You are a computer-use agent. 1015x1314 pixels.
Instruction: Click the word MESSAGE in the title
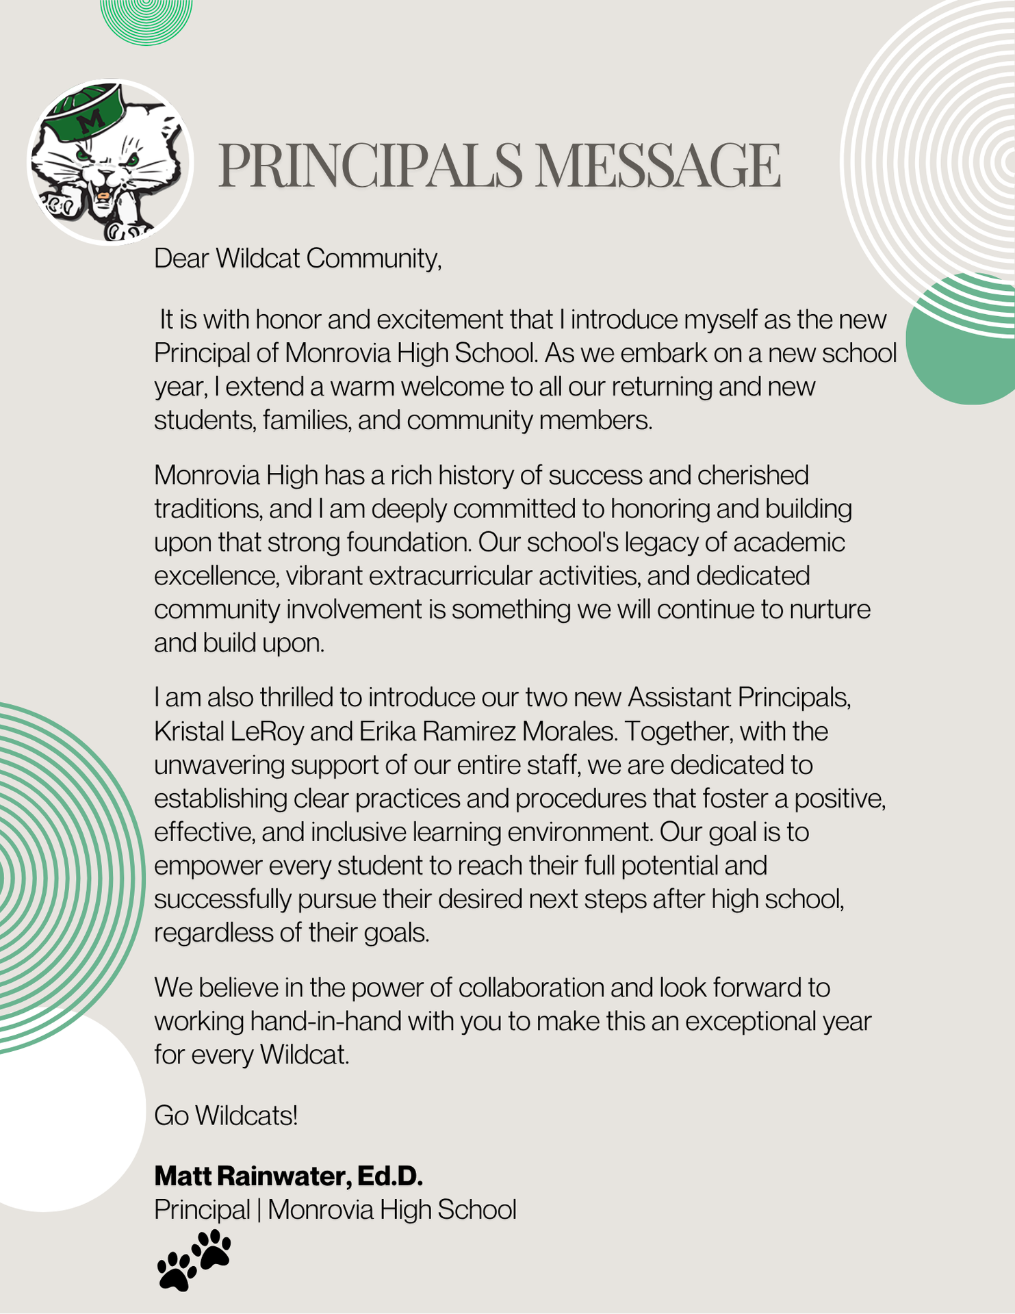coord(657,166)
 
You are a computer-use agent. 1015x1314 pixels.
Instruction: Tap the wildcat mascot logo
coord(110,163)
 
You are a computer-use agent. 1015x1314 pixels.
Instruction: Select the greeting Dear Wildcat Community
coord(298,259)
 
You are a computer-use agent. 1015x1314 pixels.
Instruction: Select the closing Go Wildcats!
coord(226,1116)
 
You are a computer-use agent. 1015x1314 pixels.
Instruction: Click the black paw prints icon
coord(194,1260)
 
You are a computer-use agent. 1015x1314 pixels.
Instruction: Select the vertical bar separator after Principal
coord(259,1210)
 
